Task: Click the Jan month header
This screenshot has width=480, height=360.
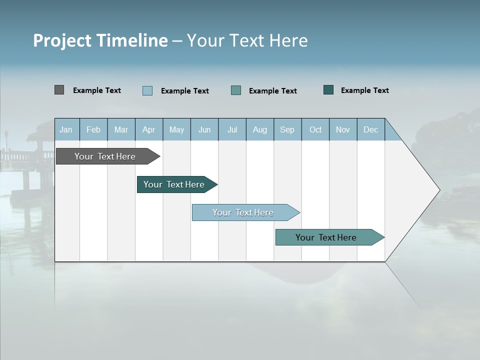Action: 66,129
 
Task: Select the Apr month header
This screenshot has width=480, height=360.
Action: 149,129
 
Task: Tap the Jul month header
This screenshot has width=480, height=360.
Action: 232,129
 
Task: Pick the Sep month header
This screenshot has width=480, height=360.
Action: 287,129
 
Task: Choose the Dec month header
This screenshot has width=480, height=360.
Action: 370,129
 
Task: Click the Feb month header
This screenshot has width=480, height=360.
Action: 93,129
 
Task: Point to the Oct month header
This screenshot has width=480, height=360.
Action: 315,129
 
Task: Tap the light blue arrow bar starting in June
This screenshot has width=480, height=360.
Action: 243,212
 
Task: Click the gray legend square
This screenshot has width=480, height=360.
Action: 59,90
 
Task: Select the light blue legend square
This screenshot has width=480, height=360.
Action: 147,90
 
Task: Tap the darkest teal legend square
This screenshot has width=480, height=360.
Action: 328,90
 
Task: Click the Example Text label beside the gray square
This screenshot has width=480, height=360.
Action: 97,90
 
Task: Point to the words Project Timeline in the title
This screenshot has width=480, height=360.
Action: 100,40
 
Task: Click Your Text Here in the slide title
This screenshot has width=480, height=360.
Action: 247,40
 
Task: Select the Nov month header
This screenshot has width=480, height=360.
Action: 343,129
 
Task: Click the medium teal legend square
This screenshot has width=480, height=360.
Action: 236,90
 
